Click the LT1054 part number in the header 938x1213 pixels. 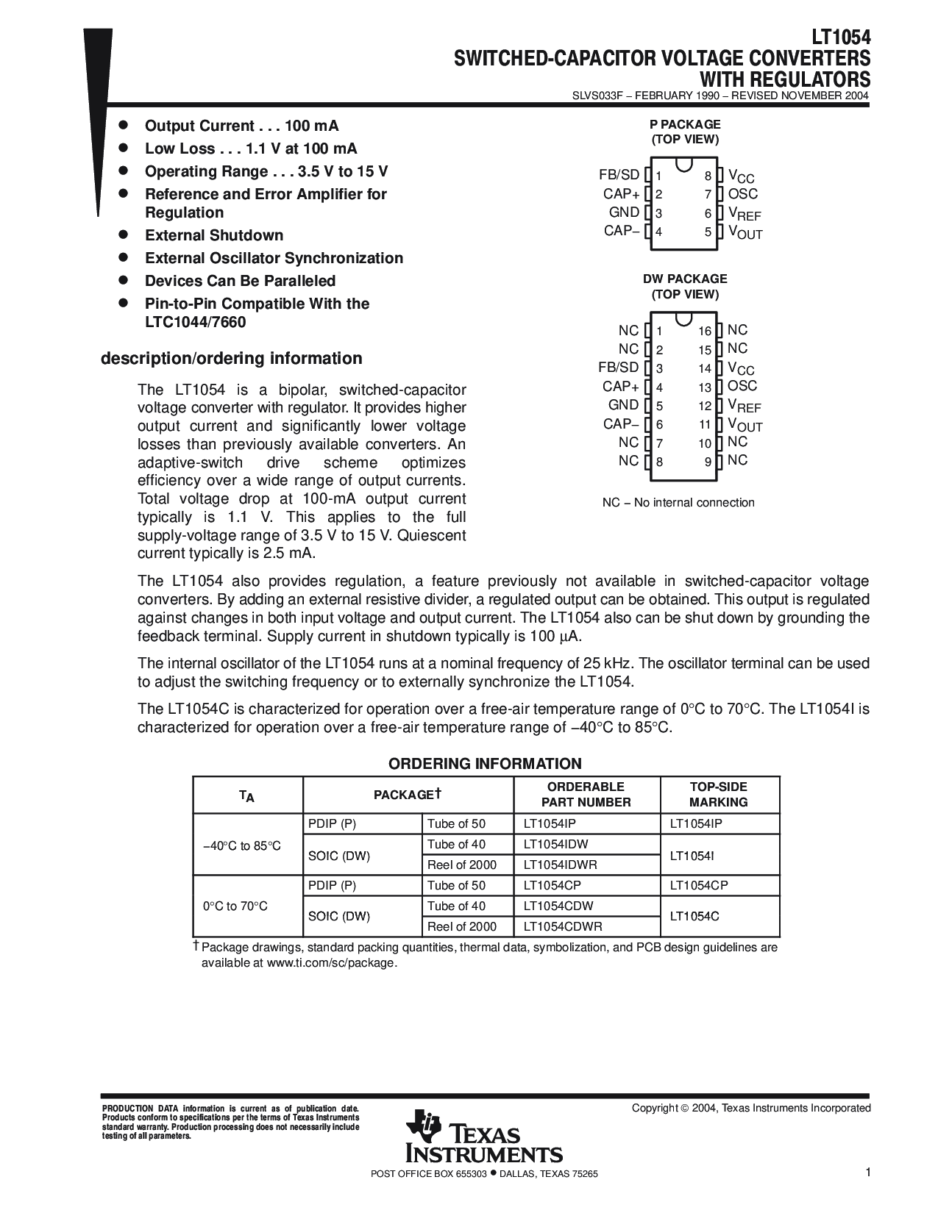point(841,37)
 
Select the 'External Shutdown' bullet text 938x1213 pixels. point(214,235)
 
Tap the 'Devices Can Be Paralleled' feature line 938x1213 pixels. point(240,281)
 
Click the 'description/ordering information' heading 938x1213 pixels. point(231,359)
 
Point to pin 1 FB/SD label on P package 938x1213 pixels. point(619,175)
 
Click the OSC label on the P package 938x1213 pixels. point(742,194)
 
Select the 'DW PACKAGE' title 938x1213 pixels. point(685,279)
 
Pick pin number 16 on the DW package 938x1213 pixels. point(705,332)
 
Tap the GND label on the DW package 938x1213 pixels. point(623,405)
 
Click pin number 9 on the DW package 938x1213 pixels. point(708,462)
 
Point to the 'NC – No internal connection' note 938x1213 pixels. point(678,503)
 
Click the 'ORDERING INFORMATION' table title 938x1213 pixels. point(485,764)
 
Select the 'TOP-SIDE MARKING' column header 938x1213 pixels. point(719,795)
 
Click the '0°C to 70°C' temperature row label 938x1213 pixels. point(235,906)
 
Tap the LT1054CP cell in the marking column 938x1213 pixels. point(698,886)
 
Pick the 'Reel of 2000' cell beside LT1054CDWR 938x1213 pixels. point(461,927)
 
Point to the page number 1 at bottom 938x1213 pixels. point(868,1173)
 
